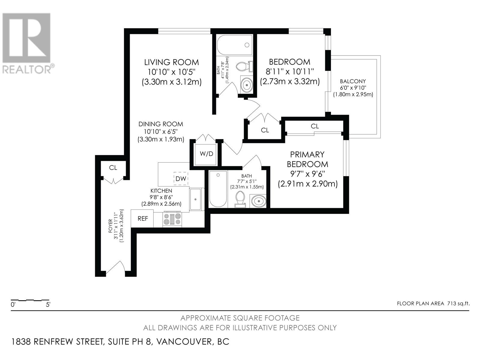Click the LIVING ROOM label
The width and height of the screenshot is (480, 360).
pyautogui.click(x=171, y=62)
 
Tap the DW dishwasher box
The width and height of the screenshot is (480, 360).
pyautogui.click(x=181, y=178)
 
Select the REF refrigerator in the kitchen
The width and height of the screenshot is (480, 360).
pyautogui.click(x=142, y=218)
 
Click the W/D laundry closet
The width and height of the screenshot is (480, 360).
pyautogui.click(x=205, y=154)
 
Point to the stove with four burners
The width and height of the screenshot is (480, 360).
pyautogui.click(x=172, y=219)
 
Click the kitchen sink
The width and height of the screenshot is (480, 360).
pyautogui.click(x=196, y=199)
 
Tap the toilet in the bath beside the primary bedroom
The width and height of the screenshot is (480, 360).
pyautogui.click(x=240, y=199)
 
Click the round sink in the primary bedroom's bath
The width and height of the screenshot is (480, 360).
pyautogui.click(x=259, y=200)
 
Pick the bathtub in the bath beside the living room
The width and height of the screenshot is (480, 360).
pyautogui.click(x=235, y=45)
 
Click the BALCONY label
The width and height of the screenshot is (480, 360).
pyautogui.click(x=353, y=81)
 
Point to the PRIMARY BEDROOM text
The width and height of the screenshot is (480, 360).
pyautogui.click(x=307, y=159)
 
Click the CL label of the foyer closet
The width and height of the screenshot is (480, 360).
pyautogui.click(x=113, y=168)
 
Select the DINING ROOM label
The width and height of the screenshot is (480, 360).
pyautogui.click(x=161, y=124)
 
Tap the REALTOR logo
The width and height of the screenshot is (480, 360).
pyautogui.click(x=27, y=43)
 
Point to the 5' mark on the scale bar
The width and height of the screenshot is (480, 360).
pyautogui.click(x=48, y=304)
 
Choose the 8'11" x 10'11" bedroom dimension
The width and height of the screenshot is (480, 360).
pyautogui.click(x=289, y=71)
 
